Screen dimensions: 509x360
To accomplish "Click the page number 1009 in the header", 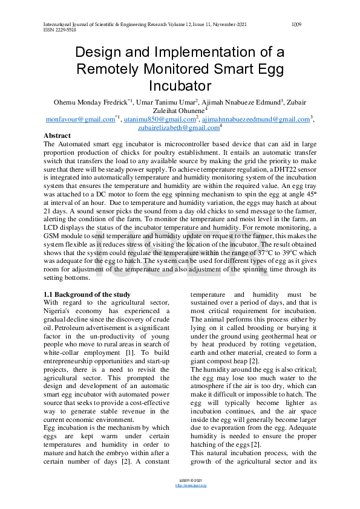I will (296, 24).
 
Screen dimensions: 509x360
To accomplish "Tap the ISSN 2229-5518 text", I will (60, 30).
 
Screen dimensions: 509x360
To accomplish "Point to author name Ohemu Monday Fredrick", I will (89, 102).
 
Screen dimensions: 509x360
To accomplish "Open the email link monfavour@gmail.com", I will (80, 120).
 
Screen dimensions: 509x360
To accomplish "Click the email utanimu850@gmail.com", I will (152, 120).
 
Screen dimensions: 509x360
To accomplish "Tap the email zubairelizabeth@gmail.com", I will (178, 128).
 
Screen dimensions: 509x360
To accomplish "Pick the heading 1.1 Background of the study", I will (87, 294).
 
